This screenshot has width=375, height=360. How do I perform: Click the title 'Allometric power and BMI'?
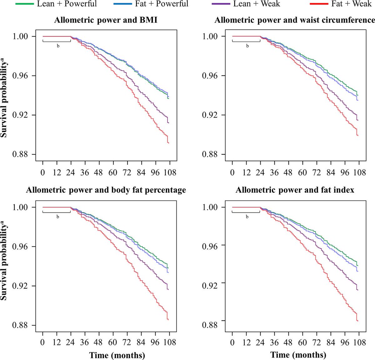click(106, 20)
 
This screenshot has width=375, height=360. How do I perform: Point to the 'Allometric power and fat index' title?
click(295, 190)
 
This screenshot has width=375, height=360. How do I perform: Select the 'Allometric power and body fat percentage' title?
click(106, 190)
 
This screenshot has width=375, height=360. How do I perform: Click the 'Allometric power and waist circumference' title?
click(295, 20)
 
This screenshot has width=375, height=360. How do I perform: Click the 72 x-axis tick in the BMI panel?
click(127, 173)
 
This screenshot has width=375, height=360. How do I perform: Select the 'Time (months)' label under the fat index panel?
click(298, 355)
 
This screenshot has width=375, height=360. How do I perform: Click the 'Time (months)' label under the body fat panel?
click(117, 355)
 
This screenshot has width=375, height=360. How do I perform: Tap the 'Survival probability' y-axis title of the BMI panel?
click(4, 96)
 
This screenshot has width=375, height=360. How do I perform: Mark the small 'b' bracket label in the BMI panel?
click(58, 46)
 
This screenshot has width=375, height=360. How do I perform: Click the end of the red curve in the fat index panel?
click(357, 321)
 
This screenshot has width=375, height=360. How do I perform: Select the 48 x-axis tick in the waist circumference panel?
click(288, 173)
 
